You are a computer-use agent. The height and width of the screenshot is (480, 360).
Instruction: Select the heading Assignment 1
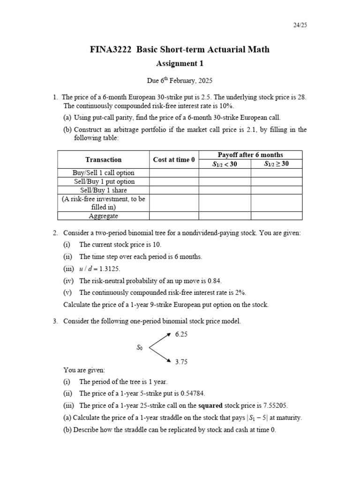pos(180,64)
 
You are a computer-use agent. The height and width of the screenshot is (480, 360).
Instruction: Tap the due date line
pos(180,81)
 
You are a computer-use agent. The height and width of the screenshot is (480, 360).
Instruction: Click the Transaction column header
pos(103,160)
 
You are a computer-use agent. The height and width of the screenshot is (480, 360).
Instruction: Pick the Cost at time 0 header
pos(174,160)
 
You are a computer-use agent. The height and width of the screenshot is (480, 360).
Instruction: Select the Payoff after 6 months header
pos(250,155)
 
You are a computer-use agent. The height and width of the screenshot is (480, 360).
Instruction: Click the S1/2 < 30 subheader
pos(225,164)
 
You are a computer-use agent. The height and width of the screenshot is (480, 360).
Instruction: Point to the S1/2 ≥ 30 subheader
pos(276,164)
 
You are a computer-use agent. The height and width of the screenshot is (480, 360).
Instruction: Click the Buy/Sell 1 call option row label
pos(103,173)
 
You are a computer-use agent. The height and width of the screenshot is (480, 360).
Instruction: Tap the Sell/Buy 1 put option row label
pos(103,181)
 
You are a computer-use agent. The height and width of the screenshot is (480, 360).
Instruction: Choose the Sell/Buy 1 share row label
pos(103,190)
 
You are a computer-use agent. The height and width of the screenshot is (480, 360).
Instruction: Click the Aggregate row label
pos(103,216)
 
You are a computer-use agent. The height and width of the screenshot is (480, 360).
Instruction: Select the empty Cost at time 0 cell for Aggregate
pos(174,216)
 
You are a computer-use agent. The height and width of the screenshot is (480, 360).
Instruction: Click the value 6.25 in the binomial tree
pos(181,335)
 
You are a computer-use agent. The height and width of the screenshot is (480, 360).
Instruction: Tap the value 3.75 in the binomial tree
pos(181,362)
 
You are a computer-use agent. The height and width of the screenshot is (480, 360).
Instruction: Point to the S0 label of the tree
pos(140,348)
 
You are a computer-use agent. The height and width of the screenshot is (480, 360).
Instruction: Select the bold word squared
pos(211,406)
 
